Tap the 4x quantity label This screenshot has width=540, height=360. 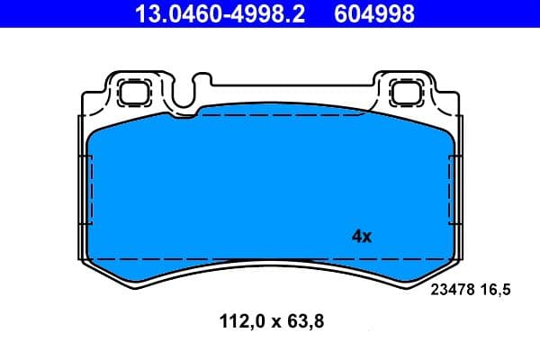[361, 237]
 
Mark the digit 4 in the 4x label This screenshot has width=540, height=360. [355, 237]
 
